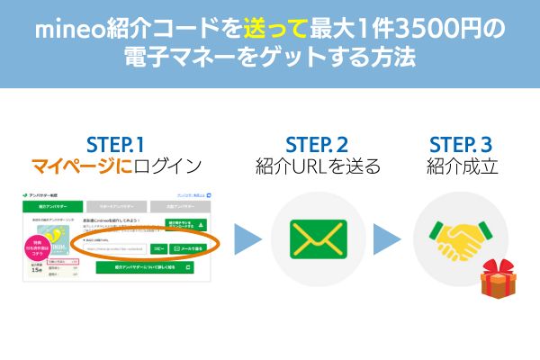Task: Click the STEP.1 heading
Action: (x=117, y=145)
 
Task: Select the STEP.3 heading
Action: (x=460, y=145)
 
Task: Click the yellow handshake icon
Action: (x=460, y=239)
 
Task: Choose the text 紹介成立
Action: (x=460, y=166)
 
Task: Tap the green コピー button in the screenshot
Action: (x=158, y=247)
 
